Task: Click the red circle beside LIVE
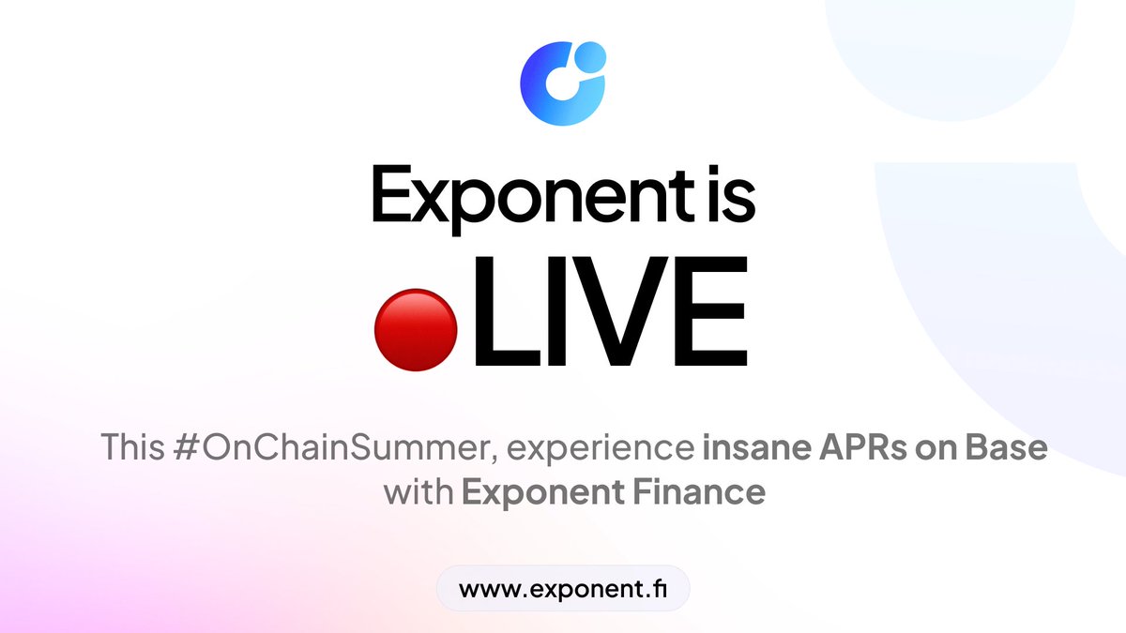(416, 329)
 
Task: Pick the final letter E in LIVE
(711, 311)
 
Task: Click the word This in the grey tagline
(132, 446)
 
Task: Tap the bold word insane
(756, 446)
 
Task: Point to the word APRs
(862, 446)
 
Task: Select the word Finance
(699, 491)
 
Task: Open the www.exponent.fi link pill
(563, 588)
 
